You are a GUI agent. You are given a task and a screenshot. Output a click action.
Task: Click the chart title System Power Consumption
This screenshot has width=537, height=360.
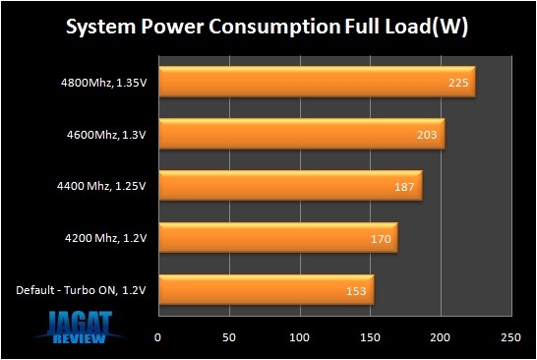pos(268,28)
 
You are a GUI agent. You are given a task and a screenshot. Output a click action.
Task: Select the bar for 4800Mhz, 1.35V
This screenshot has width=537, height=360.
pos(315,83)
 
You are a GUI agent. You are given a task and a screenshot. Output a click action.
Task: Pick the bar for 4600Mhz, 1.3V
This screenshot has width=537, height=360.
pos(300,135)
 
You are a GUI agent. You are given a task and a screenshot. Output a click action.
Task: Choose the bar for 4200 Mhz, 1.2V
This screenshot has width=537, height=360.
pos(276,238)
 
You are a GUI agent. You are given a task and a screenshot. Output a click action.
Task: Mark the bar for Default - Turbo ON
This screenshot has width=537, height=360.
pos(265,289)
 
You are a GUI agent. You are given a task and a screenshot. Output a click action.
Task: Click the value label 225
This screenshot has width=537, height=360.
pos(457,83)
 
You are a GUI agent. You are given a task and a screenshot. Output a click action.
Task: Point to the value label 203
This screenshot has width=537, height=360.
pos(427,135)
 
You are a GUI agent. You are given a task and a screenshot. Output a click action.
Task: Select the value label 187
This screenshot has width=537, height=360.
pos(404,186)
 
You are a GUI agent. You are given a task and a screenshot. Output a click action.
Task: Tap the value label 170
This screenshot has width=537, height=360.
pos(381,238)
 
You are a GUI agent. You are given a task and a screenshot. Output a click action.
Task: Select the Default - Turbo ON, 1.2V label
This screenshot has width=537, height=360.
pos(84,289)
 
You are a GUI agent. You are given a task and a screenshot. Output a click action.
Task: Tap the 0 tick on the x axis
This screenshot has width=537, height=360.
pos(158,336)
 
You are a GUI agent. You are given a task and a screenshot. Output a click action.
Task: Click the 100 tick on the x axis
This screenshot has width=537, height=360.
pos(299,336)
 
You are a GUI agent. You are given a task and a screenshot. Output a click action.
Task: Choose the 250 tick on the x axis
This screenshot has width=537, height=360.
pos(510,336)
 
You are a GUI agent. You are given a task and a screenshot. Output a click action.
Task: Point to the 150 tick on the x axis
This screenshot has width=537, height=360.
pos(370,336)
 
